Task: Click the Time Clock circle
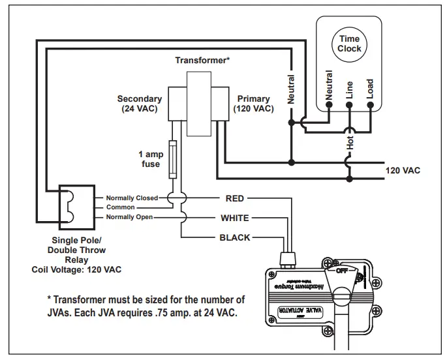click(349, 44)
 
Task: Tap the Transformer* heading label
click(202, 60)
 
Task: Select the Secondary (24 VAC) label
click(140, 104)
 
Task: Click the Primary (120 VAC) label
click(253, 104)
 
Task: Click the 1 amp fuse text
click(151, 159)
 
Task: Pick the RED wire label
click(234, 198)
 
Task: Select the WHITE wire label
click(235, 218)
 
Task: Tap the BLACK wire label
click(235, 237)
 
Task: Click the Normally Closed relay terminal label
click(132, 198)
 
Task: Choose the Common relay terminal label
click(120, 207)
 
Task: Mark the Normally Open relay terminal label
click(129, 217)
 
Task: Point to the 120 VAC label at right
click(403, 171)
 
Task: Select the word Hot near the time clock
click(350, 143)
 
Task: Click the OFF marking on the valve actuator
click(341, 269)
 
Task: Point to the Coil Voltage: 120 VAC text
click(76, 269)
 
